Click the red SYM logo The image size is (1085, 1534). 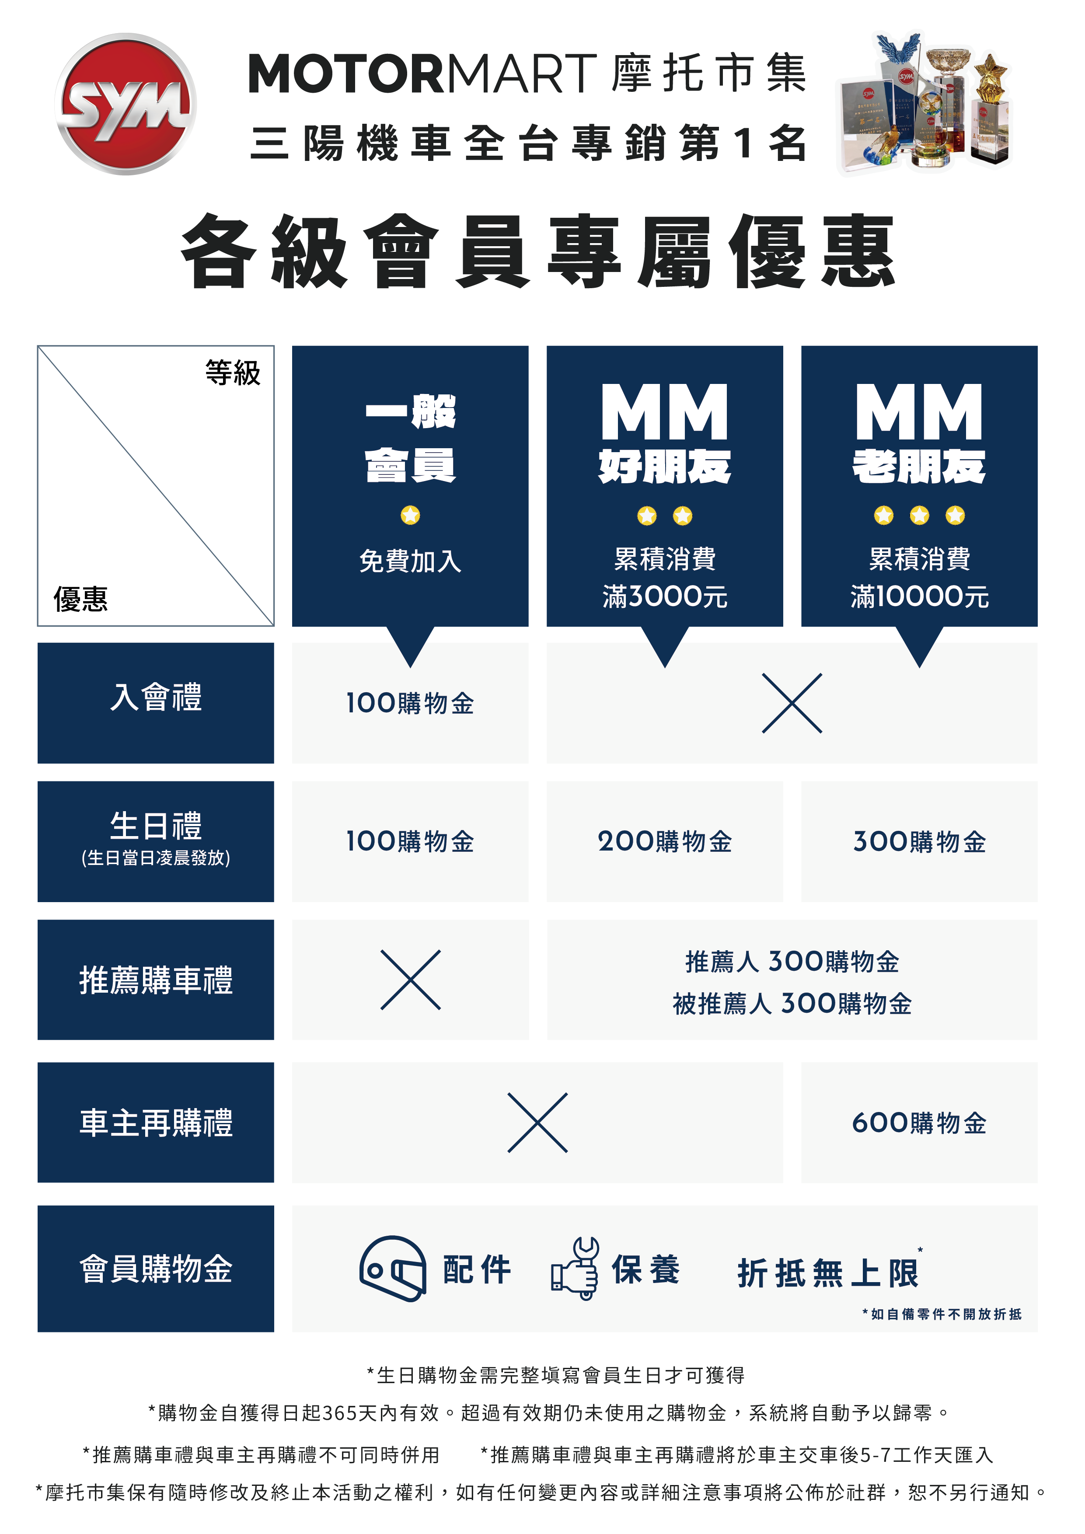click(126, 104)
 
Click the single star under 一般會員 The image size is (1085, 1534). click(410, 515)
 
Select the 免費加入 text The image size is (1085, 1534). click(410, 561)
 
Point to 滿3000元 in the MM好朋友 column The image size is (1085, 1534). click(665, 596)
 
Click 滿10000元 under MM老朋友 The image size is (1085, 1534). click(919, 596)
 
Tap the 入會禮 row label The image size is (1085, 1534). click(156, 697)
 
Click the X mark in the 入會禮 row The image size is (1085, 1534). click(792, 703)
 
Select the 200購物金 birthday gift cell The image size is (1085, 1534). click(665, 842)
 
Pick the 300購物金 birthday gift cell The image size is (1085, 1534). click(919, 842)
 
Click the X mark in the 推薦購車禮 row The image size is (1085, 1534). click(410, 980)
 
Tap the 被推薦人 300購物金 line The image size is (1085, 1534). click(792, 1004)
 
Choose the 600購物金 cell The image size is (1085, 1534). click(919, 1123)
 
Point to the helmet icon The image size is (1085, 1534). click(393, 1269)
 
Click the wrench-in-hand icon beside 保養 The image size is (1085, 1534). click(575, 1269)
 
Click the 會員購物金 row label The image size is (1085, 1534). click(156, 1269)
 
